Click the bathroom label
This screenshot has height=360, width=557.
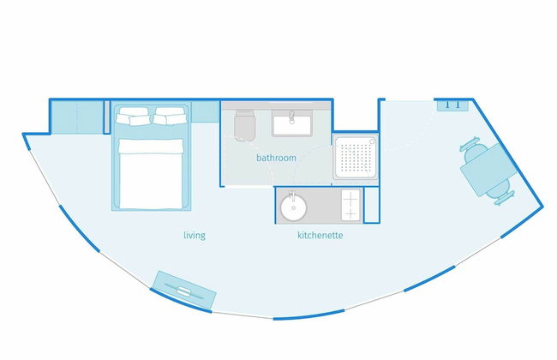(276, 158)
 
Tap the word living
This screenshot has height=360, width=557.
(195, 235)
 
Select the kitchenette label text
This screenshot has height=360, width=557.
(320, 235)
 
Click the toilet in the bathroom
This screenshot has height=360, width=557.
(245, 125)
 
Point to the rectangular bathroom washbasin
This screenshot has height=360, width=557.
(292, 123)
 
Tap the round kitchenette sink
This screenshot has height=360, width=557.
(293, 208)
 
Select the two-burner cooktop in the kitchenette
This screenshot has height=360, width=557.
(350, 205)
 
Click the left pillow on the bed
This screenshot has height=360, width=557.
(133, 116)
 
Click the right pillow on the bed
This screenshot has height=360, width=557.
(171, 116)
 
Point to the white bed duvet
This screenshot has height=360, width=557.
(151, 173)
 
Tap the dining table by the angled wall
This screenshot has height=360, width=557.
(489, 170)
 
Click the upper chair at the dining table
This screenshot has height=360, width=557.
(475, 147)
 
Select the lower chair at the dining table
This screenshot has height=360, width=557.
(501, 192)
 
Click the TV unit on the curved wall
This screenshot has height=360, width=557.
(184, 290)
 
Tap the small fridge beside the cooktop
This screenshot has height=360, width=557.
(371, 206)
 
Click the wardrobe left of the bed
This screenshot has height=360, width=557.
(78, 117)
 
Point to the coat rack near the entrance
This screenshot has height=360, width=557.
(452, 105)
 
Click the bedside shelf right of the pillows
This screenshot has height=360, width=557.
(206, 112)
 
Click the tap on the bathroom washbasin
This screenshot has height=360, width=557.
(292, 117)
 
